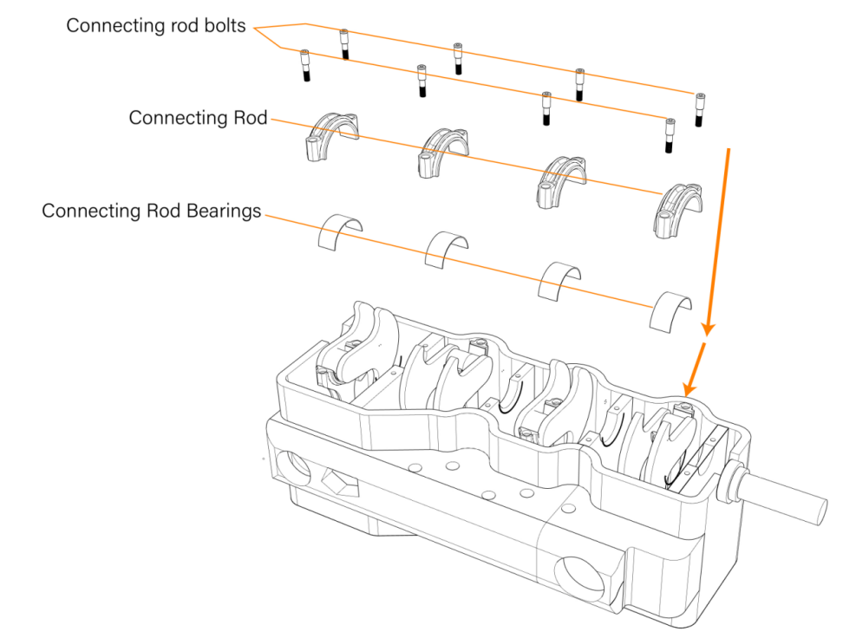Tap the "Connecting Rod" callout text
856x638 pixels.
point(198,118)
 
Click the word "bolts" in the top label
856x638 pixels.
point(228,26)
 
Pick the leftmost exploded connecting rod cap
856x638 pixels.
point(330,135)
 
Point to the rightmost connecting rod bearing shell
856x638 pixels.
point(672,309)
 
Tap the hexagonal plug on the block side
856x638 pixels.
point(336,481)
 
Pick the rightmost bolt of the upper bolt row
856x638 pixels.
point(699,109)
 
